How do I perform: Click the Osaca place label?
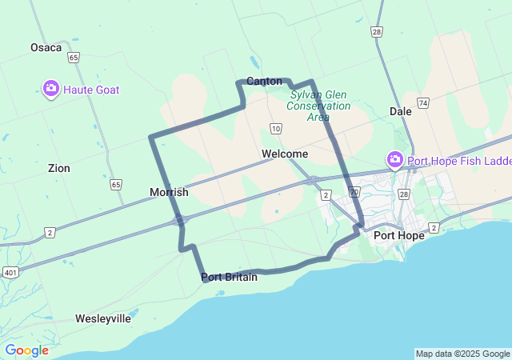46,47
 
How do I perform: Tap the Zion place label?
58,168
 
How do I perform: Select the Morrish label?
169,192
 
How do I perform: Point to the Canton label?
264,81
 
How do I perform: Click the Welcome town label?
284,154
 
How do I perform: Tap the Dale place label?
400,111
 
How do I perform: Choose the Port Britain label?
229,277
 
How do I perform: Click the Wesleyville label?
103,318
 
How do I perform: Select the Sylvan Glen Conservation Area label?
319,106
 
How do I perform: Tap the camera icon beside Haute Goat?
50,89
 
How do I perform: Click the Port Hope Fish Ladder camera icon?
394,160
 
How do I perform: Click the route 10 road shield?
275,128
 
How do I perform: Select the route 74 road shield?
422,103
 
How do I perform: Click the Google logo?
26,350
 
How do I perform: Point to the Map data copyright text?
462,354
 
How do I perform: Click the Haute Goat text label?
90,90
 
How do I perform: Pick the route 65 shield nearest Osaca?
74,58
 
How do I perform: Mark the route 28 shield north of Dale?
376,31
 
